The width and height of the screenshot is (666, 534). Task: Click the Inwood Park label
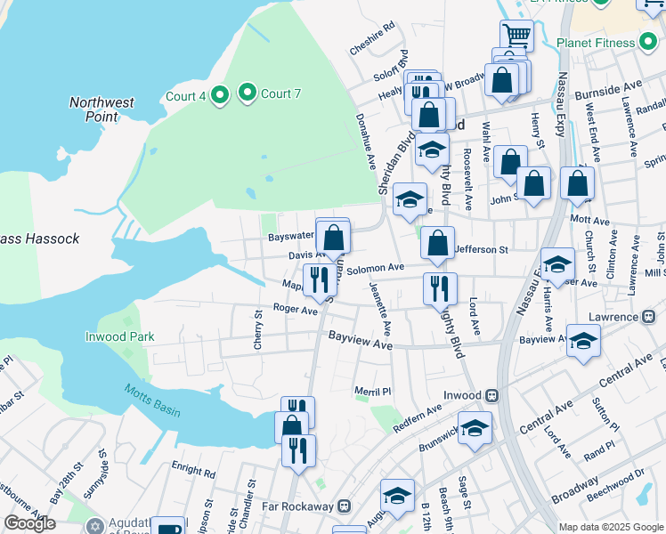(x=119, y=336)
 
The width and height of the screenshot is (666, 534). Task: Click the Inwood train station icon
(x=491, y=394)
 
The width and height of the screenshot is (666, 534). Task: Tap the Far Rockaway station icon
(x=345, y=506)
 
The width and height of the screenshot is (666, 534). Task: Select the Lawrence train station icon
(x=658, y=317)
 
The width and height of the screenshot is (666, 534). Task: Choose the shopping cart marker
(x=516, y=36)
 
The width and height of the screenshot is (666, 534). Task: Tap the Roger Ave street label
(x=296, y=310)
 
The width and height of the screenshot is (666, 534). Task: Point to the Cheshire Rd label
(x=372, y=40)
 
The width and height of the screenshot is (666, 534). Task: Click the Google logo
(x=29, y=523)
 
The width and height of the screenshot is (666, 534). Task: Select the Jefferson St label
(x=482, y=251)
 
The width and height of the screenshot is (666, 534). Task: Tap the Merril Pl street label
(x=372, y=392)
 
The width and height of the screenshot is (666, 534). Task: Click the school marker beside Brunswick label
(x=475, y=428)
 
